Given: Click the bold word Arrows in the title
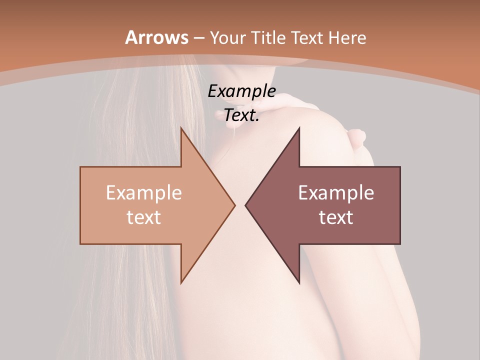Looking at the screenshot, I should (156, 37).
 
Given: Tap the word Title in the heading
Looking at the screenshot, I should (268, 37).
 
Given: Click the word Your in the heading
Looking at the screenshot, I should (227, 38).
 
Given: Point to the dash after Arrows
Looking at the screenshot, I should (198, 38).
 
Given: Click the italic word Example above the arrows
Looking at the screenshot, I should (242, 91).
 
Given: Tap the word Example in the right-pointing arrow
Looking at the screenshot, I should (144, 192).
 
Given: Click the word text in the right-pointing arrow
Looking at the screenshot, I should (144, 217).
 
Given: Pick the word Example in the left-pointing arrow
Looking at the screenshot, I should (336, 192).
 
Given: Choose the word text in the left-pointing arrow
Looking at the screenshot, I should (336, 217).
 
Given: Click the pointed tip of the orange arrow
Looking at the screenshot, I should (234, 205).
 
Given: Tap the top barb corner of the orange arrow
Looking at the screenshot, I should (181, 128).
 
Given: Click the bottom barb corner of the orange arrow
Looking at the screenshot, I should (181, 282).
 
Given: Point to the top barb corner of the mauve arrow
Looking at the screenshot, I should (299, 128).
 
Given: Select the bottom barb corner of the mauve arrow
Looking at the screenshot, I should (299, 282).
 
